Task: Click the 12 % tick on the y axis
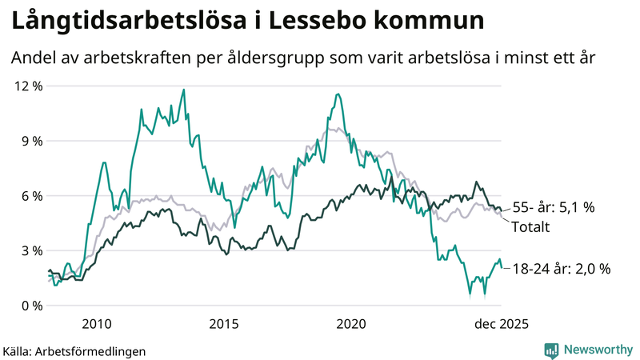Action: point(26,86)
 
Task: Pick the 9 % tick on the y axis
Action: point(30,141)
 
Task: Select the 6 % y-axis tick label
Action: point(30,196)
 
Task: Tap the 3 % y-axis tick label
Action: point(30,250)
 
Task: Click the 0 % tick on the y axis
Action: point(30,306)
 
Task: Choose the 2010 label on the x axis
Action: point(96,324)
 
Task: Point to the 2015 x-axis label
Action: point(224,324)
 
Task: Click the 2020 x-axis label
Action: point(351,324)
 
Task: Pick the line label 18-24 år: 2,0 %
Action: point(562,270)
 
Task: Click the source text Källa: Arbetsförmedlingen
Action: point(74,350)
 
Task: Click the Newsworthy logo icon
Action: point(551,350)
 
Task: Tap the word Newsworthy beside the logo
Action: point(597,350)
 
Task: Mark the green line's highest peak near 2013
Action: point(184,90)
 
